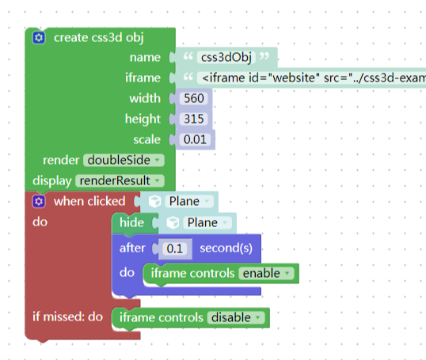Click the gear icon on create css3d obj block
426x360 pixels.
coord(39,37)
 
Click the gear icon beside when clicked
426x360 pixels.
coord(39,202)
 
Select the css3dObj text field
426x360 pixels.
coord(226,57)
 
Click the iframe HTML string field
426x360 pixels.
coord(312,78)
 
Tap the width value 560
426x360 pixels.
coord(194,98)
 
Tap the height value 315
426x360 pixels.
coord(194,119)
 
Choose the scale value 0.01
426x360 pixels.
coord(195,139)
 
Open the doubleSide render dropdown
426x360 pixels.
coord(124,160)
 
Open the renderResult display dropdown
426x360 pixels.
coord(120,181)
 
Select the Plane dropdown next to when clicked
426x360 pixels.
coord(189,202)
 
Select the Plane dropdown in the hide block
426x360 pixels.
coord(207,222)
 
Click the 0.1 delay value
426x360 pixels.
coord(175,248)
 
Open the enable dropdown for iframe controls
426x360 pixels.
coord(266,274)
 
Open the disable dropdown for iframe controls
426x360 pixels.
coord(236,317)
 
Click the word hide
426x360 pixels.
coord(131,222)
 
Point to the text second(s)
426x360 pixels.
coord(226,248)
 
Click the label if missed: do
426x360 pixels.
coord(67,316)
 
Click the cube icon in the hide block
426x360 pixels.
coord(173,223)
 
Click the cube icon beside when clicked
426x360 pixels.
coord(154,202)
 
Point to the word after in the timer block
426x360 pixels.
coord(132,248)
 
